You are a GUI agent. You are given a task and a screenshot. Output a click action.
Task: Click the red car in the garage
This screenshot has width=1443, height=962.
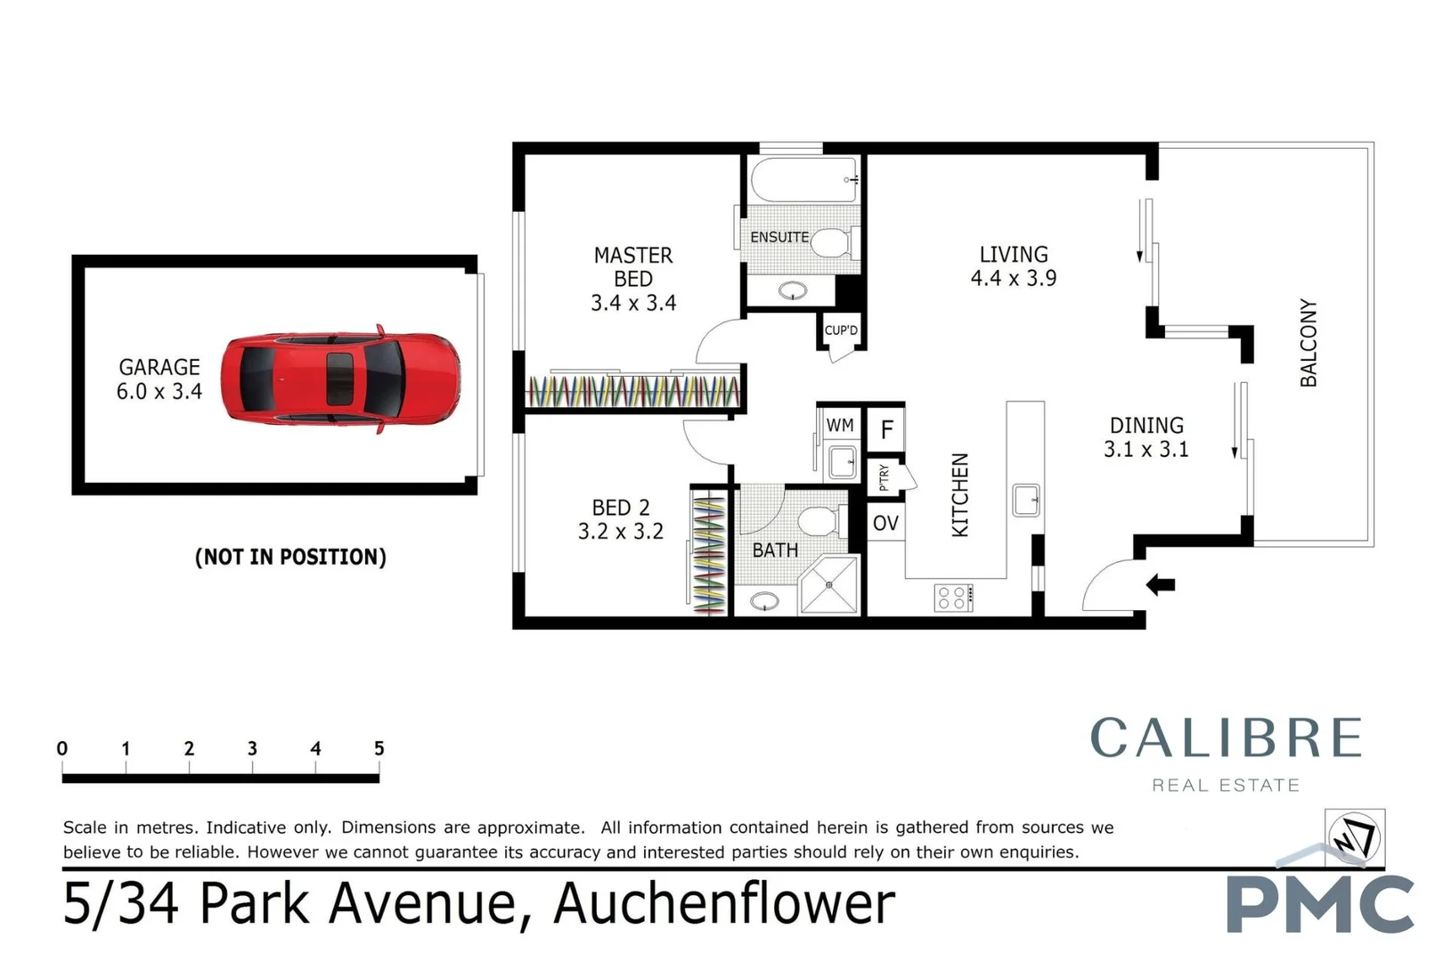[x=340, y=379]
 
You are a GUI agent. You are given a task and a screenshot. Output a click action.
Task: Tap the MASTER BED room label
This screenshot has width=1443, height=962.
[x=633, y=279]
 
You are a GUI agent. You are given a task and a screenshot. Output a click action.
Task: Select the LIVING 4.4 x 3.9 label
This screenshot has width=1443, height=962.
[x=1014, y=266]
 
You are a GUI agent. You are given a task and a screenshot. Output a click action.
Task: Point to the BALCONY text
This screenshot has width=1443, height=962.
[x=1308, y=343]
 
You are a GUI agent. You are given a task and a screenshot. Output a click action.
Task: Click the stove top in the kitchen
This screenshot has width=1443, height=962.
[x=953, y=598]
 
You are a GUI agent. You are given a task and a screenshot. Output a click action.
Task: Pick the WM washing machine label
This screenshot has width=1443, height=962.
[x=839, y=426]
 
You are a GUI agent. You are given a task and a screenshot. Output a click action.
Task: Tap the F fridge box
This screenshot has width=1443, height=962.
[x=886, y=430]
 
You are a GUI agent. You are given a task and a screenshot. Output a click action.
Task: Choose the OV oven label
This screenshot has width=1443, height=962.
[x=885, y=523]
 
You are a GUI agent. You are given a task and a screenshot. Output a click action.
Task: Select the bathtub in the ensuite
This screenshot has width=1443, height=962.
[x=803, y=180]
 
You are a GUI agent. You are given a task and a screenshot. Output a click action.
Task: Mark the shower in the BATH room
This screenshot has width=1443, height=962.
[x=829, y=585]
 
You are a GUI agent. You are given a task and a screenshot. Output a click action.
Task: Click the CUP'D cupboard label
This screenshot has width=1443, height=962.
[x=841, y=330]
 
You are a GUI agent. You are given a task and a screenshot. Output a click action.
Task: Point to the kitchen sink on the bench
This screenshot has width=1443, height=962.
[x=1026, y=500]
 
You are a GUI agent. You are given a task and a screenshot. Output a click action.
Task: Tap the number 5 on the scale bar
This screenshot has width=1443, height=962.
[x=379, y=749]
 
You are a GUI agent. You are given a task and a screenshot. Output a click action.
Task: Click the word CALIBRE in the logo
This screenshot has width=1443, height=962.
[x=1227, y=738]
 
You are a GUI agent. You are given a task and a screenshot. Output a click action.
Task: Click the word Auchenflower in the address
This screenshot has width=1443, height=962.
[x=724, y=903]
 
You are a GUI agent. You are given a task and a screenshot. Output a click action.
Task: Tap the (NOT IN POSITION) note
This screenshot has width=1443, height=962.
[x=290, y=557]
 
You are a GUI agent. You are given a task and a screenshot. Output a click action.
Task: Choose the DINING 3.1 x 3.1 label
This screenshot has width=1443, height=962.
[x=1146, y=437]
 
